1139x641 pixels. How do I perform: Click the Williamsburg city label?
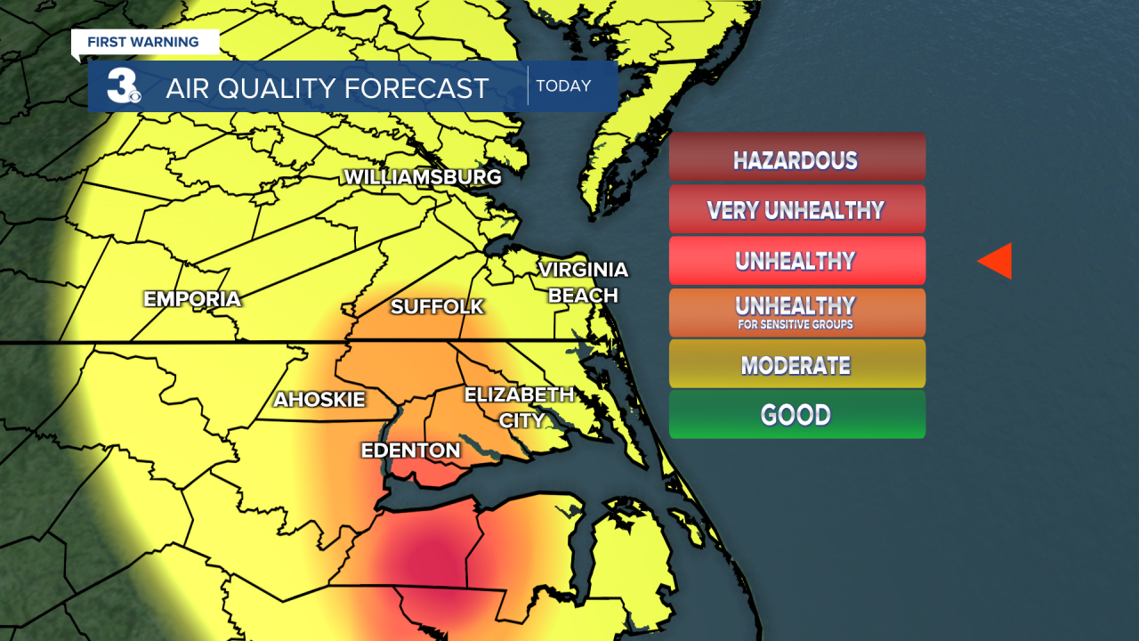click(x=423, y=177)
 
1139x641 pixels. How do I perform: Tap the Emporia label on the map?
click(x=192, y=299)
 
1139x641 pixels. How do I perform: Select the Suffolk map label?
click(x=437, y=307)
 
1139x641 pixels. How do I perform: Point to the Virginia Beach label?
click(x=583, y=282)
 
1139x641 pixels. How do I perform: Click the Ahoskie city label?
click(x=319, y=400)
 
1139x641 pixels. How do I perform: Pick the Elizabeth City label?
click(x=520, y=407)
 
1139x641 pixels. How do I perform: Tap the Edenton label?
click(x=410, y=450)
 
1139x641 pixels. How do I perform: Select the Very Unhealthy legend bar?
click(x=796, y=209)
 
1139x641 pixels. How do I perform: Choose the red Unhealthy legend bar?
click(x=796, y=260)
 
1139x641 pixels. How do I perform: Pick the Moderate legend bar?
click(x=796, y=364)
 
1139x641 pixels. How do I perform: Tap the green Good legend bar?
click(x=796, y=415)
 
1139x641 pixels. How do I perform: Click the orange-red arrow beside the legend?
click(x=996, y=261)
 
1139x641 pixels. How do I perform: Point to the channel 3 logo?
click(x=122, y=85)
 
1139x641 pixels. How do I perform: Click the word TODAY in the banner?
click(x=563, y=86)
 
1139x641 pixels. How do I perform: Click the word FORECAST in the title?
click(x=428, y=88)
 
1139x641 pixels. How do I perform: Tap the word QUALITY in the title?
click(x=296, y=88)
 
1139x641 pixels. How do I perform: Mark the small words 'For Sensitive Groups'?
click(x=796, y=325)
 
